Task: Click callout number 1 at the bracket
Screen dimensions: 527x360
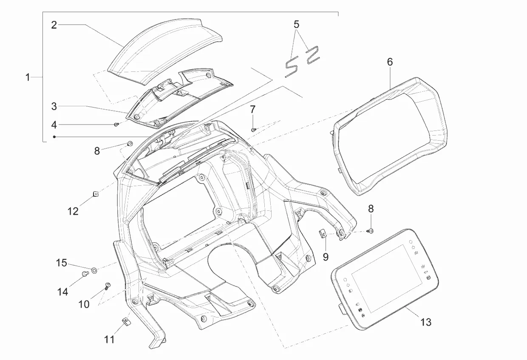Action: [28, 77]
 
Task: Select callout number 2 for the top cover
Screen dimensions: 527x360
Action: [54, 25]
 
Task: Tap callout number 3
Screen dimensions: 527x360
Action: [54, 106]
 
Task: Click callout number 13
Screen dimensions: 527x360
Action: [426, 322]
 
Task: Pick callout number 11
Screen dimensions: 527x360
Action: [109, 339]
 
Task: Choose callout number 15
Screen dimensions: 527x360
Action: [61, 263]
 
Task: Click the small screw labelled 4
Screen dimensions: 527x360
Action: [116, 124]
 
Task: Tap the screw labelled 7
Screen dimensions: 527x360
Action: [253, 130]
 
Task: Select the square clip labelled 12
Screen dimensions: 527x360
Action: [96, 194]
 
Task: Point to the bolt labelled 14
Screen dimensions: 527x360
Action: [85, 273]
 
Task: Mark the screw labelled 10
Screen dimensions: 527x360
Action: [108, 286]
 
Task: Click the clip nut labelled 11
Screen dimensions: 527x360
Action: [126, 322]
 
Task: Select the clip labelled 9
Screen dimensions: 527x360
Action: [323, 234]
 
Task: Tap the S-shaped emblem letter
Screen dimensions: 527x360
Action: [292, 68]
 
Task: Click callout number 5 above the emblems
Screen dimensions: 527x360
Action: [297, 24]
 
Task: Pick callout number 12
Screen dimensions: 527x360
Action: [73, 211]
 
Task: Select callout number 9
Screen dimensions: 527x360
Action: [326, 257]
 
